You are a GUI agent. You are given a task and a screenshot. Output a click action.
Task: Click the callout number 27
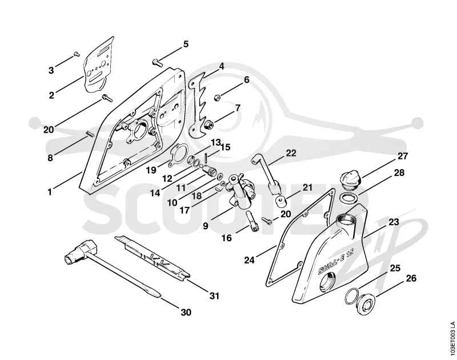[x=403, y=156]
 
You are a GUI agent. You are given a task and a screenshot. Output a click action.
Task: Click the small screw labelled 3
[x=77, y=54]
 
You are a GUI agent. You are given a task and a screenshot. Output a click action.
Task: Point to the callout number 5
[x=186, y=44]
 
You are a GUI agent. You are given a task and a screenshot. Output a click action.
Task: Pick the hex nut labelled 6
[x=217, y=98]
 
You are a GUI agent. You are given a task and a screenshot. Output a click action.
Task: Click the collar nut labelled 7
[x=209, y=125]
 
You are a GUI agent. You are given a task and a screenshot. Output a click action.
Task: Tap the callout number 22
[x=291, y=153]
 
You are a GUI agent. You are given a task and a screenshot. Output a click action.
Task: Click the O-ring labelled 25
[x=352, y=296]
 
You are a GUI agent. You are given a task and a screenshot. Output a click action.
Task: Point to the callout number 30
[x=186, y=312]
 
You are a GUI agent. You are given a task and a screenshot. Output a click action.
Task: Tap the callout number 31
[x=214, y=296]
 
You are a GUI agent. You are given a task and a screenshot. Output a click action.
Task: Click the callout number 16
[x=226, y=238]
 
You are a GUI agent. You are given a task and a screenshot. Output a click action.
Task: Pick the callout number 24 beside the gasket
[x=249, y=260]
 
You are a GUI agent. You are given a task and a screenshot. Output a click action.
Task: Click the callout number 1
[x=50, y=192]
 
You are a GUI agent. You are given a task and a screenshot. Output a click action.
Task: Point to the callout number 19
[x=151, y=170]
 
